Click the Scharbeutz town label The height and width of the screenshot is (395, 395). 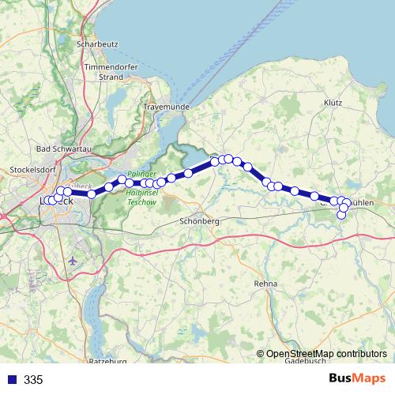click(x=96, y=43)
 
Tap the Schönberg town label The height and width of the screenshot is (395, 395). click(x=198, y=222)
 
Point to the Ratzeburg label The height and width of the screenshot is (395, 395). click(x=109, y=361)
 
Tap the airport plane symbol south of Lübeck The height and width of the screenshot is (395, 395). click(x=74, y=260)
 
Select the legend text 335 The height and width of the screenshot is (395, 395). click(x=33, y=380)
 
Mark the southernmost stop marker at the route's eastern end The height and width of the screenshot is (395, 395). click(x=342, y=215)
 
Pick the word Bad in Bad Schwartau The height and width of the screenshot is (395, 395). click(x=44, y=149)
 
